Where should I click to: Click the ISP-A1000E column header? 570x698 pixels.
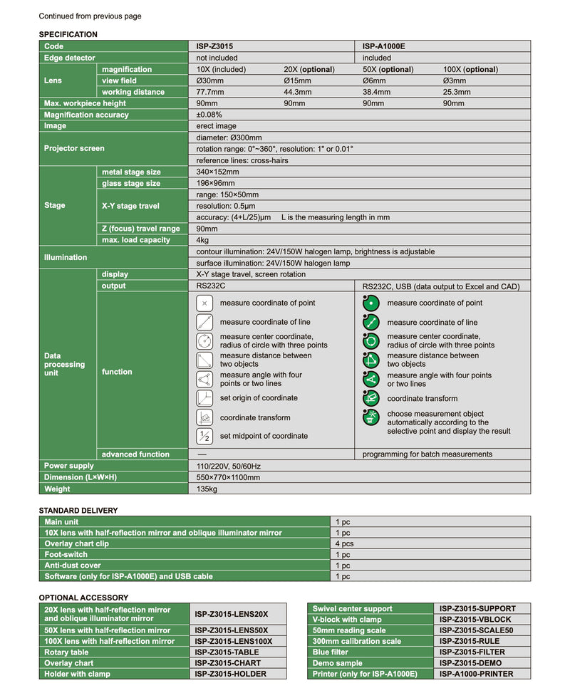click(x=384, y=46)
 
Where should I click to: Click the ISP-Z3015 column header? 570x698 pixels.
click(x=214, y=46)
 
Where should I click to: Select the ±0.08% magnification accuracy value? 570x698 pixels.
click(x=209, y=115)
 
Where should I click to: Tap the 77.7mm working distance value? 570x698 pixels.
click(x=210, y=92)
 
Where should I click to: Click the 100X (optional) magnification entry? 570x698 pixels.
click(x=470, y=69)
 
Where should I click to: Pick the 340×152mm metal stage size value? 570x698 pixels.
click(x=218, y=172)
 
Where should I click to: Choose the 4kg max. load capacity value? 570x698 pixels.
click(x=202, y=240)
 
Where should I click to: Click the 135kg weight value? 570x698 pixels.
click(x=207, y=489)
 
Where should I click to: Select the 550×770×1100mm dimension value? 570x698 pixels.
click(x=228, y=477)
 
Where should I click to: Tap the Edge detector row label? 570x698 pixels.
click(x=69, y=58)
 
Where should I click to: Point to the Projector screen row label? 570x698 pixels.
click(x=74, y=148)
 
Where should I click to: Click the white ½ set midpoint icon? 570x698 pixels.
click(x=204, y=436)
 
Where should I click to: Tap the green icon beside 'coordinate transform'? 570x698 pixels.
click(x=370, y=398)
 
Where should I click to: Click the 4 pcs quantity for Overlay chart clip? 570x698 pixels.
click(x=346, y=543)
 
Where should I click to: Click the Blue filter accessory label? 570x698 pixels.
click(x=330, y=652)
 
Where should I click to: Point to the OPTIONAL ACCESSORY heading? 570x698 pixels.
click(x=83, y=598)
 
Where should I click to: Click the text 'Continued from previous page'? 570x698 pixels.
click(x=90, y=16)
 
